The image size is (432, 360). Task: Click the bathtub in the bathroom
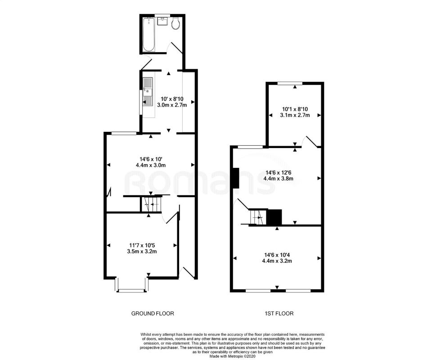coord(148,33)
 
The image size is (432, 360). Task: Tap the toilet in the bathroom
coord(175,23)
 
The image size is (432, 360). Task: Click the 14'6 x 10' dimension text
coord(151,158)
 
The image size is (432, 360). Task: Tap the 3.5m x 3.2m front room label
coord(141,252)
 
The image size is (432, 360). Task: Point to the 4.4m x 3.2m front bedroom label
coord(278,261)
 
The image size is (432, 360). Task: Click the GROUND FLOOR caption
coord(152,313)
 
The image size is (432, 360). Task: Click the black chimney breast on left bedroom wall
coord(236,178)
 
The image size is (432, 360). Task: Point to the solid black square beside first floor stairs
coord(274,217)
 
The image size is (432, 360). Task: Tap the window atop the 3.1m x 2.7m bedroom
coord(289,83)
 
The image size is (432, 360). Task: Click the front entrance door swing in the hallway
coord(186,272)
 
